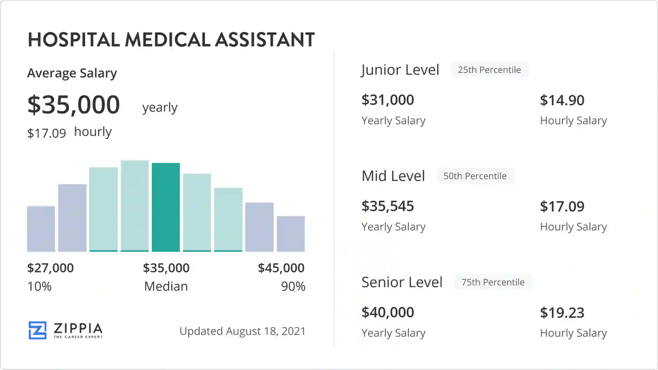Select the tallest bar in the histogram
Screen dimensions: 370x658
click(x=135, y=206)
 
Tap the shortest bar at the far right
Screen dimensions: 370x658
click(x=291, y=234)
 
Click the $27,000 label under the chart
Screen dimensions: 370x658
click(x=50, y=268)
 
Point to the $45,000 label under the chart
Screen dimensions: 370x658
click(x=281, y=268)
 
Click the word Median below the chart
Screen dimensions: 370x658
click(x=166, y=286)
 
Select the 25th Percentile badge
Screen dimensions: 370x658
click(x=489, y=70)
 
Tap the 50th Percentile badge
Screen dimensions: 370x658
click(x=475, y=176)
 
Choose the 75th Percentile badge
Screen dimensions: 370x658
click(x=493, y=282)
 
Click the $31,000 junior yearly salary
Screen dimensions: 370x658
click(x=388, y=100)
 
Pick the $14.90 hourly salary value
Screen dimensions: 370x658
click(x=562, y=100)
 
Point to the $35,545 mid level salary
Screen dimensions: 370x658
click(x=388, y=206)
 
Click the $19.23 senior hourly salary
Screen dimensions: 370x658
click(x=562, y=313)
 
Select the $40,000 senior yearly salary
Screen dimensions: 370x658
click(x=388, y=312)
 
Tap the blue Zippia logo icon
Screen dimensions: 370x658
click(x=38, y=330)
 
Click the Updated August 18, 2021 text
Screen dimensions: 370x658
click(x=242, y=331)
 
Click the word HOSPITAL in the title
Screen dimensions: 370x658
click(x=74, y=40)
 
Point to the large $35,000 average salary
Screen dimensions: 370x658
click(x=74, y=104)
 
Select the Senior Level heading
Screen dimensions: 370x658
click(x=402, y=282)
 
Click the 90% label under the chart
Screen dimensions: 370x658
click(x=293, y=286)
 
